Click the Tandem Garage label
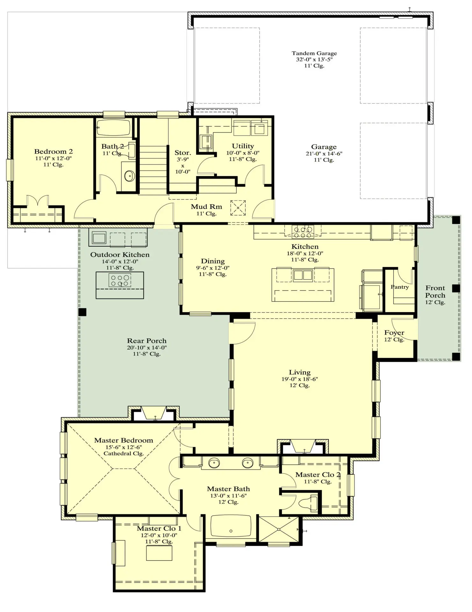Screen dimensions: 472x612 pyautogui.click(x=314, y=53)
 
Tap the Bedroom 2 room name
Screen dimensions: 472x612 pyautogui.click(x=54, y=151)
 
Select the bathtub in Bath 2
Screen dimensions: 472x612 pyautogui.click(x=113, y=128)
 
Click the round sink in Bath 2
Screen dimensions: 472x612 pyautogui.click(x=129, y=176)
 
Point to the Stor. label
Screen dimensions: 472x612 pyautogui.click(x=183, y=153)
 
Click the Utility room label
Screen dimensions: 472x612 pyautogui.click(x=243, y=146)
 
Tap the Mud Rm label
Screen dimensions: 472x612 pyautogui.click(x=207, y=207)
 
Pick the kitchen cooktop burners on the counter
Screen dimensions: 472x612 pyautogui.click(x=303, y=232)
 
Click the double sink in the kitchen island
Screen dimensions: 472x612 pyautogui.click(x=303, y=275)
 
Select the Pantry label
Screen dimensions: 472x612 pyautogui.click(x=400, y=287)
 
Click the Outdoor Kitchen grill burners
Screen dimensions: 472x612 pyautogui.click(x=120, y=280)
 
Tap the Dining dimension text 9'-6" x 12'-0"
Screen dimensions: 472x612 pyautogui.click(x=213, y=268)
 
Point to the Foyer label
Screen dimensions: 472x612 pyautogui.click(x=394, y=333)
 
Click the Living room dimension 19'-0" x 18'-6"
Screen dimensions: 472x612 pyautogui.click(x=300, y=379)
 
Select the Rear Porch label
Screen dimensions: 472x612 pyautogui.click(x=147, y=341)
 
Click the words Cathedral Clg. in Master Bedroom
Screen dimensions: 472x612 pyautogui.click(x=124, y=453)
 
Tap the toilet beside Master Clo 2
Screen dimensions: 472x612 pyautogui.click(x=309, y=503)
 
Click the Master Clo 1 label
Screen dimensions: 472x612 pyautogui.click(x=159, y=528)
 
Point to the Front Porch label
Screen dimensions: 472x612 pyautogui.click(x=435, y=291)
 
